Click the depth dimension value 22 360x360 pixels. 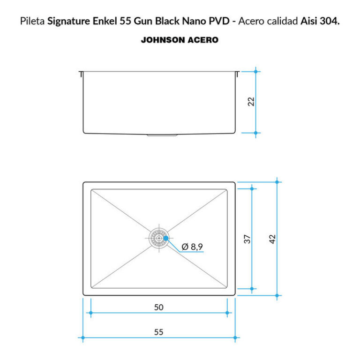(251, 101)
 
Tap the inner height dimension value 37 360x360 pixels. (247, 239)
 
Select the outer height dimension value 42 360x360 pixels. (272, 239)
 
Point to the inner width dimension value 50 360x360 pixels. (158, 307)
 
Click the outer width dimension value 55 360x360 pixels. (158, 332)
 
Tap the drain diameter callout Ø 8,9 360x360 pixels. (192, 247)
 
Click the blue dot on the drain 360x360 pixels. (166, 238)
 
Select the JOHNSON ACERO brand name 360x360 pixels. (180, 40)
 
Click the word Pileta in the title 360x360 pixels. (32, 21)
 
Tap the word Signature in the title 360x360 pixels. (68, 21)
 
